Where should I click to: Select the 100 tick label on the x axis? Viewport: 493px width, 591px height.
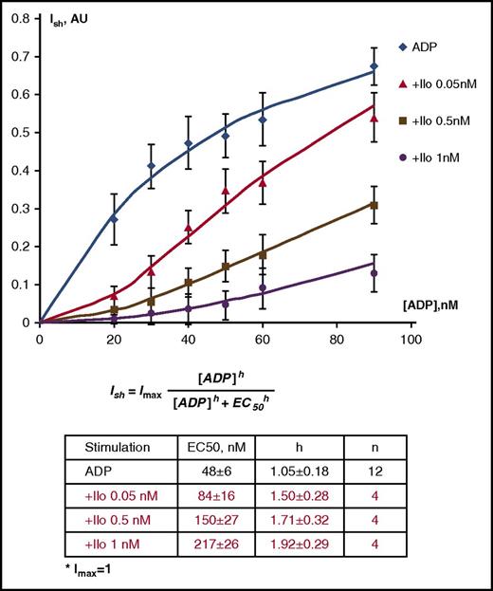410,337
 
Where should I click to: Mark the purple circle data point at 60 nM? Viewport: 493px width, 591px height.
263,287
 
